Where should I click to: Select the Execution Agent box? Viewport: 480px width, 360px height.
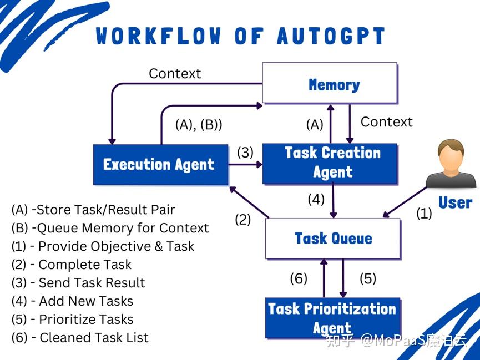(x=160, y=165)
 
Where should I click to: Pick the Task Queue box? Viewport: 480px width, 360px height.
(x=333, y=239)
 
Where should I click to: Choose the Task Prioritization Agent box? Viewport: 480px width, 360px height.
(x=332, y=317)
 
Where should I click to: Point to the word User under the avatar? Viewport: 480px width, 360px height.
(x=454, y=203)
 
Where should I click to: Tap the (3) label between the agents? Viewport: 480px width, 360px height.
(x=245, y=153)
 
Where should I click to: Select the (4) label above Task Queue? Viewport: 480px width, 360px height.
(x=316, y=199)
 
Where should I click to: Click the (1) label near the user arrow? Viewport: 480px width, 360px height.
(x=424, y=214)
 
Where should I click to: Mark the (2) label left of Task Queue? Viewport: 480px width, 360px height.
(x=242, y=219)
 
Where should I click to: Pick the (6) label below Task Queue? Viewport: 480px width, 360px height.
(x=299, y=278)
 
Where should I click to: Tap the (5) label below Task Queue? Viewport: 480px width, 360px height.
(x=368, y=278)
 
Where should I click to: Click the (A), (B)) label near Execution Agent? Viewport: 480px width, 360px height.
(x=199, y=125)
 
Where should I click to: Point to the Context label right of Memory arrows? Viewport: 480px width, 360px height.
(x=387, y=122)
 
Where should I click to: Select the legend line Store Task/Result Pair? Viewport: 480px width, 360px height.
(x=93, y=210)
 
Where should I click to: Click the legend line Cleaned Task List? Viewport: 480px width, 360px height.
(x=80, y=337)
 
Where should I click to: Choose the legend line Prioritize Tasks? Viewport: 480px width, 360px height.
(x=72, y=319)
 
